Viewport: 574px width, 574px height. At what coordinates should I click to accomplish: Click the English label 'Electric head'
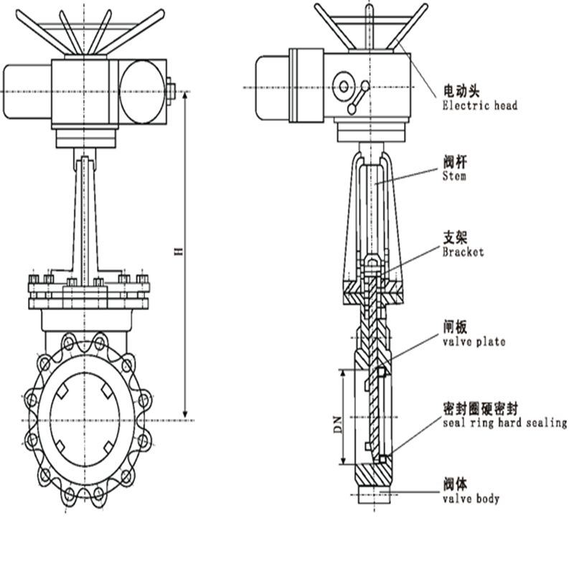tap(479, 105)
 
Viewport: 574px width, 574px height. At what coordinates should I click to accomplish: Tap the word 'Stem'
tap(454, 176)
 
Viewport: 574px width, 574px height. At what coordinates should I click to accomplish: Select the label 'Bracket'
tap(463, 252)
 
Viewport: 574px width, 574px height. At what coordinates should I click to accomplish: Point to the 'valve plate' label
tap(474, 342)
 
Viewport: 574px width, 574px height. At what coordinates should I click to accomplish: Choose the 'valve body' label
tap(471, 498)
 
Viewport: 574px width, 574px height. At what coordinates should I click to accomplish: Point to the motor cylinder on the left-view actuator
tap(27, 91)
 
